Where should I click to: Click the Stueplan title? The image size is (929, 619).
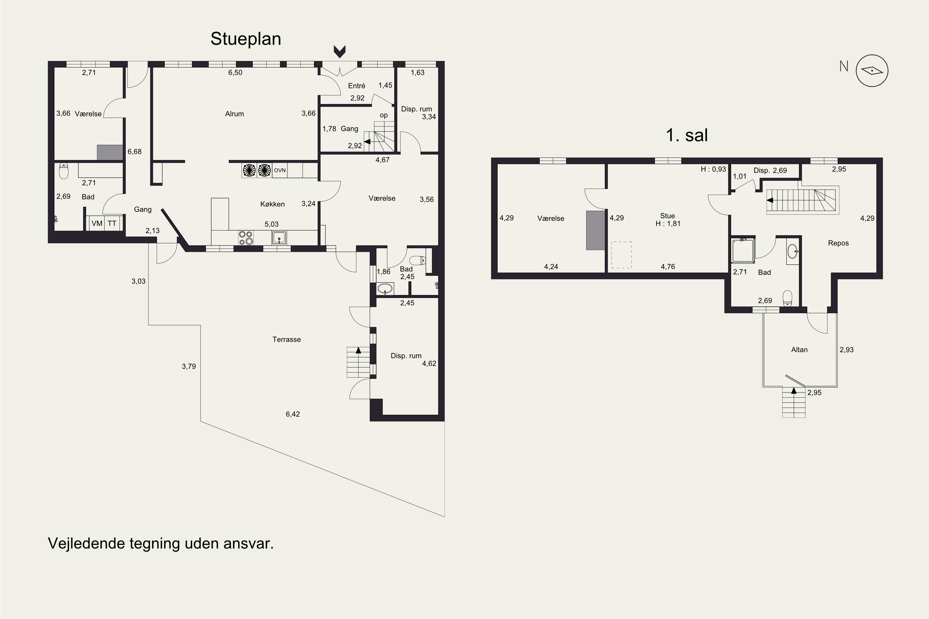click(246, 39)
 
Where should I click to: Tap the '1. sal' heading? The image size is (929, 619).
click(687, 135)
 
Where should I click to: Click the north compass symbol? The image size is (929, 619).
click(872, 71)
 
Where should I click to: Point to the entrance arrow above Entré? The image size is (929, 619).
click(340, 51)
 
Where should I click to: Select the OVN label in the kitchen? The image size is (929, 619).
click(280, 170)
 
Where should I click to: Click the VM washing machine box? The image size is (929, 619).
click(97, 223)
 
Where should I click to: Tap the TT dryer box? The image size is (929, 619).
click(112, 223)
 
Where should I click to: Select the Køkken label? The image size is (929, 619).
click(272, 204)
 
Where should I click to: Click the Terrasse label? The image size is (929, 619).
click(286, 339)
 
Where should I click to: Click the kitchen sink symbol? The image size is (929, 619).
click(279, 238)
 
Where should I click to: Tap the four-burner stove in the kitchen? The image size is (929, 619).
click(246, 238)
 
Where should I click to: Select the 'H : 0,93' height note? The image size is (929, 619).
click(713, 169)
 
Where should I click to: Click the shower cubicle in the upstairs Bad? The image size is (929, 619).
click(743, 250)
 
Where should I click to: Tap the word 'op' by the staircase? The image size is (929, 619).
click(384, 115)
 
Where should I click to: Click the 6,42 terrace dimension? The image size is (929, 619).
click(293, 414)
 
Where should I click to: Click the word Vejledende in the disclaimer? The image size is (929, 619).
click(85, 543)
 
